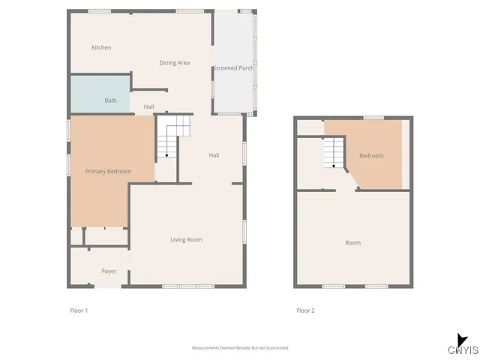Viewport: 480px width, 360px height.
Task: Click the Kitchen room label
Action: (101, 48)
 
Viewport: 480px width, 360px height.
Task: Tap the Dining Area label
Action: (174, 63)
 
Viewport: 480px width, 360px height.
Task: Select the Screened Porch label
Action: (233, 68)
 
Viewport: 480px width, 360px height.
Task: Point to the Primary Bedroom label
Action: (108, 172)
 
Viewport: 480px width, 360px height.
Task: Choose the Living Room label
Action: (187, 240)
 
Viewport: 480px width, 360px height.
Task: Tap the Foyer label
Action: (109, 271)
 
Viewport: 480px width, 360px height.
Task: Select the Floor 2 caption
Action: (305, 310)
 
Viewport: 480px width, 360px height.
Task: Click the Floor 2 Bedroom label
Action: (371, 156)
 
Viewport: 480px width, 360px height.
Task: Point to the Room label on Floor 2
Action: (352, 243)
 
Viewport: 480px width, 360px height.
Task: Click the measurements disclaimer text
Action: (240, 348)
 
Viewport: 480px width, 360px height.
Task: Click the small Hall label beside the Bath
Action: (148, 107)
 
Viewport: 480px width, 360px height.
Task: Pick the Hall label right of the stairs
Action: (214, 155)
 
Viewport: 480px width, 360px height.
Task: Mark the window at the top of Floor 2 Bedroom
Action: (373, 118)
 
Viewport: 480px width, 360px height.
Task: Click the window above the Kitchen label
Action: (100, 11)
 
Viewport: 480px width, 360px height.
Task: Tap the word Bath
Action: (110, 100)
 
